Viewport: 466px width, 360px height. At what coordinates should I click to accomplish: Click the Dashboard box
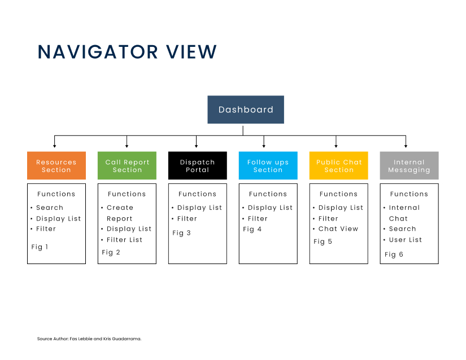tap(246, 109)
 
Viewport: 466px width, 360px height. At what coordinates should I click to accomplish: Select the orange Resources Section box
tap(56, 165)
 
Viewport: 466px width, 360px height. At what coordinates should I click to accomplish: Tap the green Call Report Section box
tap(127, 165)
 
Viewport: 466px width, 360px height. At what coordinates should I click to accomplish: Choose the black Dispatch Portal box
tap(198, 165)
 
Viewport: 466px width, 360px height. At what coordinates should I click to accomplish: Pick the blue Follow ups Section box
tap(268, 165)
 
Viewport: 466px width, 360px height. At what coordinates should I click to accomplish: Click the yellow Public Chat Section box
tap(339, 165)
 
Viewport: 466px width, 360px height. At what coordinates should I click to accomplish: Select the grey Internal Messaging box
tap(410, 165)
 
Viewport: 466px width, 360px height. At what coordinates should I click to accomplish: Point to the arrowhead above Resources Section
tap(54, 146)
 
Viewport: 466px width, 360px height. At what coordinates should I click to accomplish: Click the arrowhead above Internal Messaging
tap(406, 146)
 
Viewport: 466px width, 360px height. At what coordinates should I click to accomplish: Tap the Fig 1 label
tap(40, 247)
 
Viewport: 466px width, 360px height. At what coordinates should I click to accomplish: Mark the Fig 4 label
tap(252, 229)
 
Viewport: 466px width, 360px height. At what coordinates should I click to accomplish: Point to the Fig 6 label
tap(394, 254)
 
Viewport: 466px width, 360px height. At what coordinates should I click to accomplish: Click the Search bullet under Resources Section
tap(50, 208)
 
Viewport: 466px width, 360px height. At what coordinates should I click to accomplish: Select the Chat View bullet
tap(338, 229)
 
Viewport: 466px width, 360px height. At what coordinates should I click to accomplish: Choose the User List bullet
tap(406, 240)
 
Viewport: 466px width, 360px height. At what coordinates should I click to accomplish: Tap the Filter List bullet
tap(124, 240)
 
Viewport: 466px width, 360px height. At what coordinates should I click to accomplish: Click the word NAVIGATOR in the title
tap(98, 52)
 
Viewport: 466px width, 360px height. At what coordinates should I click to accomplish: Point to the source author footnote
tap(89, 339)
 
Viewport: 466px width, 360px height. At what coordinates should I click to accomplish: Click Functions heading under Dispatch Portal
tap(197, 194)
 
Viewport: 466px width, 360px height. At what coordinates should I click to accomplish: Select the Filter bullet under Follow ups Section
tap(258, 219)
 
